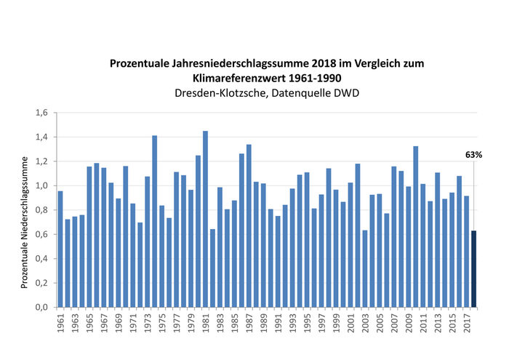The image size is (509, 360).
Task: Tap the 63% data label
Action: coord(474,155)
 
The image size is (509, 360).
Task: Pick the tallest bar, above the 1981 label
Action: coord(206,218)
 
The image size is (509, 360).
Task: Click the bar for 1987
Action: coord(249,225)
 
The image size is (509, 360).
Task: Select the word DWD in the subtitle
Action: coord(345,93)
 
